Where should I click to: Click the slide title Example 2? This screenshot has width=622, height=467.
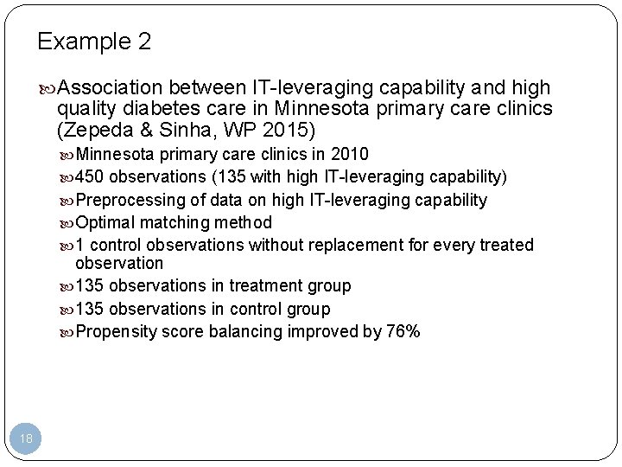tap(94, 42)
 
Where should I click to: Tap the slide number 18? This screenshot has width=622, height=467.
tap(27, 439)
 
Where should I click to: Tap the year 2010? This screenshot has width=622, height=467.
tap(351, 155)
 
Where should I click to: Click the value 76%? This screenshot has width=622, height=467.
tap(403, 331)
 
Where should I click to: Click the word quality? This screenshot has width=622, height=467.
tap(85, 109)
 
